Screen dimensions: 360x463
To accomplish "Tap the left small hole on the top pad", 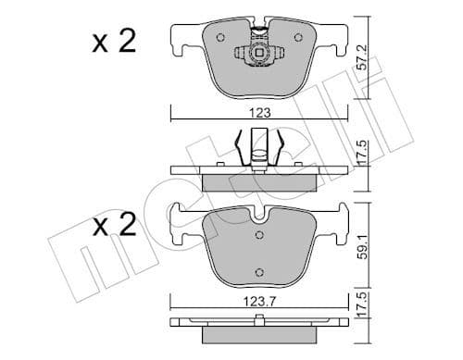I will tap(220, 38).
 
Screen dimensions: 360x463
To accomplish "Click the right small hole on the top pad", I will tap(297, 38).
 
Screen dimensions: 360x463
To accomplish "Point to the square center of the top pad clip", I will tap(260, 56).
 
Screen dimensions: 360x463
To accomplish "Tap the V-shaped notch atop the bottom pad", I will tap(259, 214).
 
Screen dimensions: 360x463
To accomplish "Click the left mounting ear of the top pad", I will tap(181, 42).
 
